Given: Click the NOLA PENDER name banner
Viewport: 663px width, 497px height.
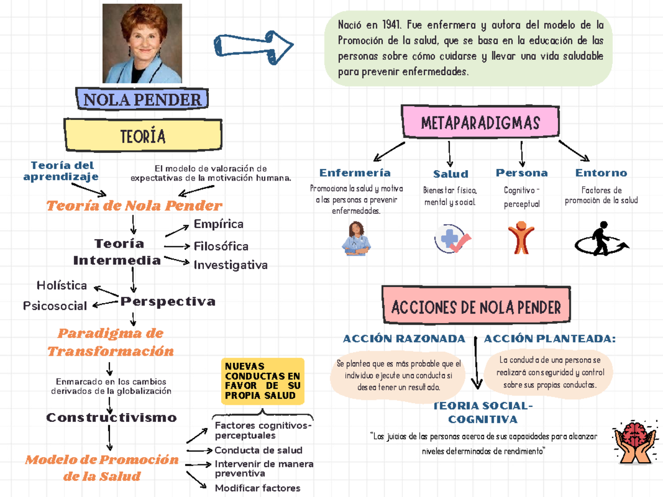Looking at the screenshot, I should tap(142, 100).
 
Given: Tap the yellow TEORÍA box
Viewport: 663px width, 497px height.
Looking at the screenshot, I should tap(143, 136).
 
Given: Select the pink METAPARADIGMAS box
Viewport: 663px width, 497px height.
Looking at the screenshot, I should tap(480, 122).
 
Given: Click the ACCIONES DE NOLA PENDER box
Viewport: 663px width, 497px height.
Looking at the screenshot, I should tap(476, 307).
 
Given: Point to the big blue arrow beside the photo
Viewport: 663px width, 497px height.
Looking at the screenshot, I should tap(254, 46).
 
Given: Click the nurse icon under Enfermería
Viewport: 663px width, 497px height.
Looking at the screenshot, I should tap(356, 239).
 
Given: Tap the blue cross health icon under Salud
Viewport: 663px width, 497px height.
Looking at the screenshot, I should tap(452, 239).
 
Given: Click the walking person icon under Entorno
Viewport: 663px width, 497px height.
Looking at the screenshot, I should tap(601, 239).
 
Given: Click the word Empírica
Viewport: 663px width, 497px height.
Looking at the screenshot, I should tap(218, 224).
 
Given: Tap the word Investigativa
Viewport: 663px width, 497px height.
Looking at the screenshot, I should tap(230, 265).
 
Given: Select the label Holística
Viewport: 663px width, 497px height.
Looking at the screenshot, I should tap(61, 285).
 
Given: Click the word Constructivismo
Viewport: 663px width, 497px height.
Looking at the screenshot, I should tap(112, 417).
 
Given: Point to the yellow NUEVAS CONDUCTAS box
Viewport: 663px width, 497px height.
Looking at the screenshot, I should tap(263, 381).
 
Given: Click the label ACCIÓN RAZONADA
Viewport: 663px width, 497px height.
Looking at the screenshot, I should tap(404, 339).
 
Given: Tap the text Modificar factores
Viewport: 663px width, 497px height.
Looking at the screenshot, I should tap(257, 488).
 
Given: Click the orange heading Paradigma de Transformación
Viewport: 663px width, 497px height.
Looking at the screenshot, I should tap(110, 342).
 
